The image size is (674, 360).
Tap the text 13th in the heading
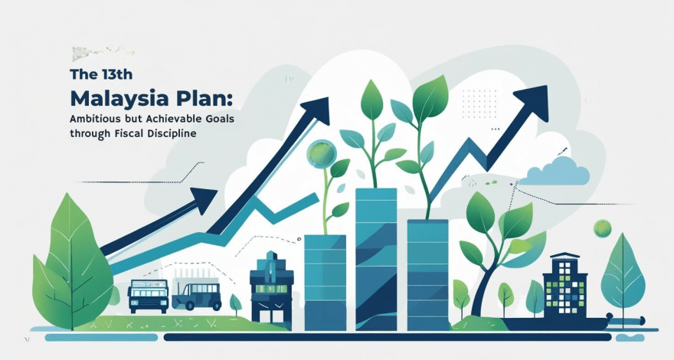tap(117, 74)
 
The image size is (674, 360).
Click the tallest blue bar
tap(376, 260)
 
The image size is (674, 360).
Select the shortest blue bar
tap(325, 283)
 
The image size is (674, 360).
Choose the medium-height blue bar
tap(427, 275)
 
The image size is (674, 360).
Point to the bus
tap(148, 296)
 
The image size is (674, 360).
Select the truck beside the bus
tap(196, 294)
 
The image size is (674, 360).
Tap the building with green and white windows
tap(564, 286)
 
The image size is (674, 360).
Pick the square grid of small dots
tap(479, 103)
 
